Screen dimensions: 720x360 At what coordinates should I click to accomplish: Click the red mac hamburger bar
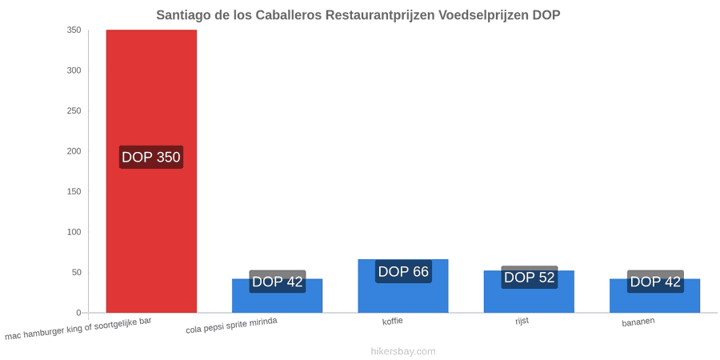[151, 171]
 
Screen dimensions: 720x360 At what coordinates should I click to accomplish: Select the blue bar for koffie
[403, 286]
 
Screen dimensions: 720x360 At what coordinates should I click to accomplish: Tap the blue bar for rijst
[529, 291]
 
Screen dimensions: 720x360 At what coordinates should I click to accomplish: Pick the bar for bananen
[654, 296]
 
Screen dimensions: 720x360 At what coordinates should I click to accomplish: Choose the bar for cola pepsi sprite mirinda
[277, 296]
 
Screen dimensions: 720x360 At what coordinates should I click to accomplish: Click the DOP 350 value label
[151, 157]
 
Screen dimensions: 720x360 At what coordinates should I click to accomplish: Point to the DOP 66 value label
[403, 271]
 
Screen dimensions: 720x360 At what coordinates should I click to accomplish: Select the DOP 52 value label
[529, 278]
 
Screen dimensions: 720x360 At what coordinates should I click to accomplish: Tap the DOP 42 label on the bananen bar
[655, 282]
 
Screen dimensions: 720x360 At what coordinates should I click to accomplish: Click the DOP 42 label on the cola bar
[278, 282]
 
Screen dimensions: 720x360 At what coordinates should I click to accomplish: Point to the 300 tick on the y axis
[75, 70]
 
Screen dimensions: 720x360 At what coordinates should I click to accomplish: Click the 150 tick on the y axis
[75, 191]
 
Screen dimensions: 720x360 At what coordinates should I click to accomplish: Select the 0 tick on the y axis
[78, 313]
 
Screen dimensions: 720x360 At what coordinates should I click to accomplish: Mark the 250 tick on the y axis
[75, 110]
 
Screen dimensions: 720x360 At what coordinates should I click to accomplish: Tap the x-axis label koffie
[393, 321]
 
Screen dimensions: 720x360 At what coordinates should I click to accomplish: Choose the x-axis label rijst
[522, 321]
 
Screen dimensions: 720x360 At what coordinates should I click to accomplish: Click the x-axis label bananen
[638, 322]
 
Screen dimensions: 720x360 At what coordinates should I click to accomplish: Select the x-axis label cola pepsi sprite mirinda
[231, 326]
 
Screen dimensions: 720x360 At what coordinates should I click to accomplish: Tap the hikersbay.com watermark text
[403, 351]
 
